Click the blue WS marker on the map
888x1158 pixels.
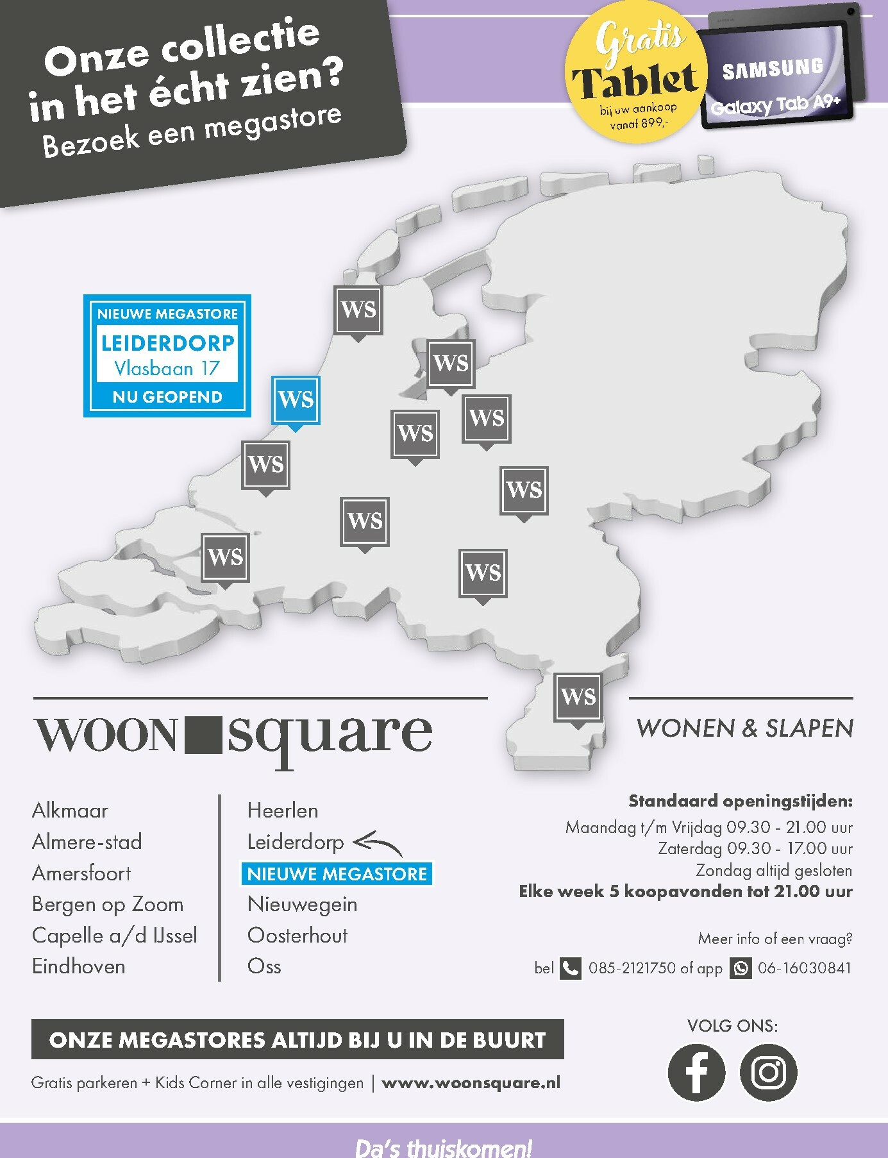pos(296,399)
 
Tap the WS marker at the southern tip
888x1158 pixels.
pos(578,697)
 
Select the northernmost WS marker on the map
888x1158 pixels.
pos(358,310)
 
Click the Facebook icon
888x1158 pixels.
pos(696,1073)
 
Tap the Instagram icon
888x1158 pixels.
pos(768,1073)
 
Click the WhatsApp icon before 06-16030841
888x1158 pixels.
pos(741,968)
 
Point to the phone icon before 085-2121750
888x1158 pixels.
pos(570,968)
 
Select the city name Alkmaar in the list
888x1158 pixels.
pos(70,810)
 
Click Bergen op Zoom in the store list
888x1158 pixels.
pos(108,904)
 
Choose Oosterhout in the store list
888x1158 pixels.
pos(297,936)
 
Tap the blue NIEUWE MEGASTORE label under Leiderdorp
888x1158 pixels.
pos(337,874)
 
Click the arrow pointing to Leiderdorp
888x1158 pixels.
pos(378,843)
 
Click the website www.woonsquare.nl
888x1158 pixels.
pos(471,1083)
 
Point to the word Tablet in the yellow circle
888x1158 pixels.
pos(634,82)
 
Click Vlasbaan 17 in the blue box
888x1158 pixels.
pos(167,369)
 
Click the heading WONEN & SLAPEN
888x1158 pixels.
pos(744,728)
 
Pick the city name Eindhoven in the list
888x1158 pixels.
pos(79,967)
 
